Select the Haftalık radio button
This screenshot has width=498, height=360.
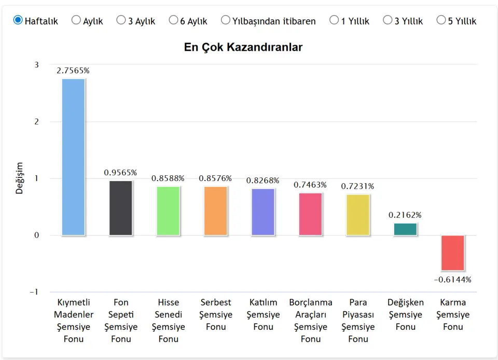tap(18, 20)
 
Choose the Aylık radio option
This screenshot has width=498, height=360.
tap(76, 20)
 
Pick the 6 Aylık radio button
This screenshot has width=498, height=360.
tap(173, 20)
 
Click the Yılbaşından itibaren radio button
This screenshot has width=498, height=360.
tap(226, 20)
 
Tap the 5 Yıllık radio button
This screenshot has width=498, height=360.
tap(441, 20)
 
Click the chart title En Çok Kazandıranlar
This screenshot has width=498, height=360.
tap(243, 47)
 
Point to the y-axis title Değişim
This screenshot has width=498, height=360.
tap(20, 178)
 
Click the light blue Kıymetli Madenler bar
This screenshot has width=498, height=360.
tap(73, 157)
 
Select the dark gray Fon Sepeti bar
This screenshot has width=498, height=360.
tap(121, 208)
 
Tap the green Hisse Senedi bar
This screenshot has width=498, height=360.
tap(168, 211)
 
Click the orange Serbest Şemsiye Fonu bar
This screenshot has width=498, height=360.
tap(216, 211)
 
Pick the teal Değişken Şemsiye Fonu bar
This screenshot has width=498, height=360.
tap(405, 229)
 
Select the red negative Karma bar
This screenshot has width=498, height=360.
tap(453, 253)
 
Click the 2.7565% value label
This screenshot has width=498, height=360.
tap(73, 71)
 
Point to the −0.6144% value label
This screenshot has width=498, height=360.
tap(453, 280)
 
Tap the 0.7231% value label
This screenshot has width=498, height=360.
tap(358, 186)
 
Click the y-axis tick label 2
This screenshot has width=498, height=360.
tap(36, 121)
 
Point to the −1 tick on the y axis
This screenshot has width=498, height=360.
tap(34, 292)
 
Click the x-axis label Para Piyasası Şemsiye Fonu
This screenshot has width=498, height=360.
tap(358, 321)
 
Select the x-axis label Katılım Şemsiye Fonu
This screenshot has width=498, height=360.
tap(263, 314)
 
